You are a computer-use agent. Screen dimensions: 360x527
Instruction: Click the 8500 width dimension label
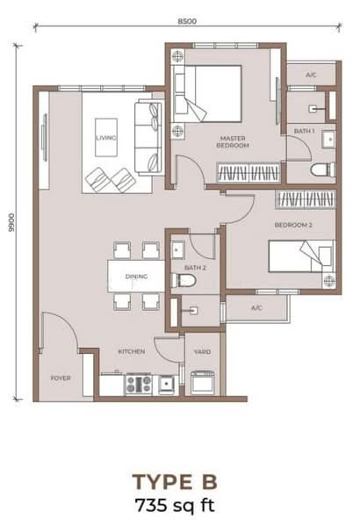pos(187,21)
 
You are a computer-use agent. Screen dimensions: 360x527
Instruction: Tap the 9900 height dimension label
pos(11,222)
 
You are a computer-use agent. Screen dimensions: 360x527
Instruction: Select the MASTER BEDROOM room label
pos(233,141)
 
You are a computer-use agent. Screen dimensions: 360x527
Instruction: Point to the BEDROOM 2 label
pos(293,225)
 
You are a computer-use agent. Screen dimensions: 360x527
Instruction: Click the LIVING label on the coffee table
pos(106,138)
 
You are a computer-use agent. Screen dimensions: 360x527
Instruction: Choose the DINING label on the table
pos(136,277)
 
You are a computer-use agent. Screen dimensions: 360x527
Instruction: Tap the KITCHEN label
pos(132,351)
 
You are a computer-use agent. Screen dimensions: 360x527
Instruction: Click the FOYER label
pos(61,378)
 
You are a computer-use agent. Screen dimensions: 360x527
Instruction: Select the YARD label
pos(202,352)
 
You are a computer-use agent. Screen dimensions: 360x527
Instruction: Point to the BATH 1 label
pos(304,131)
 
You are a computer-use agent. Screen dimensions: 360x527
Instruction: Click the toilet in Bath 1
pos(323,170)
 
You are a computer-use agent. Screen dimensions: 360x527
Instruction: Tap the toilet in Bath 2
pos(184,280)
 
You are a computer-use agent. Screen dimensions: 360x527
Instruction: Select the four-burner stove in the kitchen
pos(138,384)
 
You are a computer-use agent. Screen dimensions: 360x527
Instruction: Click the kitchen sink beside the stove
pos(166,385)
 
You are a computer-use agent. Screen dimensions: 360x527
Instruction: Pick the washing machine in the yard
pos(202,382)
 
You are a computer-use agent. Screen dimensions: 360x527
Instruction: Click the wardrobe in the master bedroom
pos(248,173)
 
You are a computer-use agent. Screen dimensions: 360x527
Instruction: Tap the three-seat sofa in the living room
pos(148,137)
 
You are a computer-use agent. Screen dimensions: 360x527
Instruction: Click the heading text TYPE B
pos(175,481)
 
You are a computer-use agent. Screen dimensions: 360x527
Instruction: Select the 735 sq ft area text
pos(175,505)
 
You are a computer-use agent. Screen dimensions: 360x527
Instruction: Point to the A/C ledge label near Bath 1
pos(311,75)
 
